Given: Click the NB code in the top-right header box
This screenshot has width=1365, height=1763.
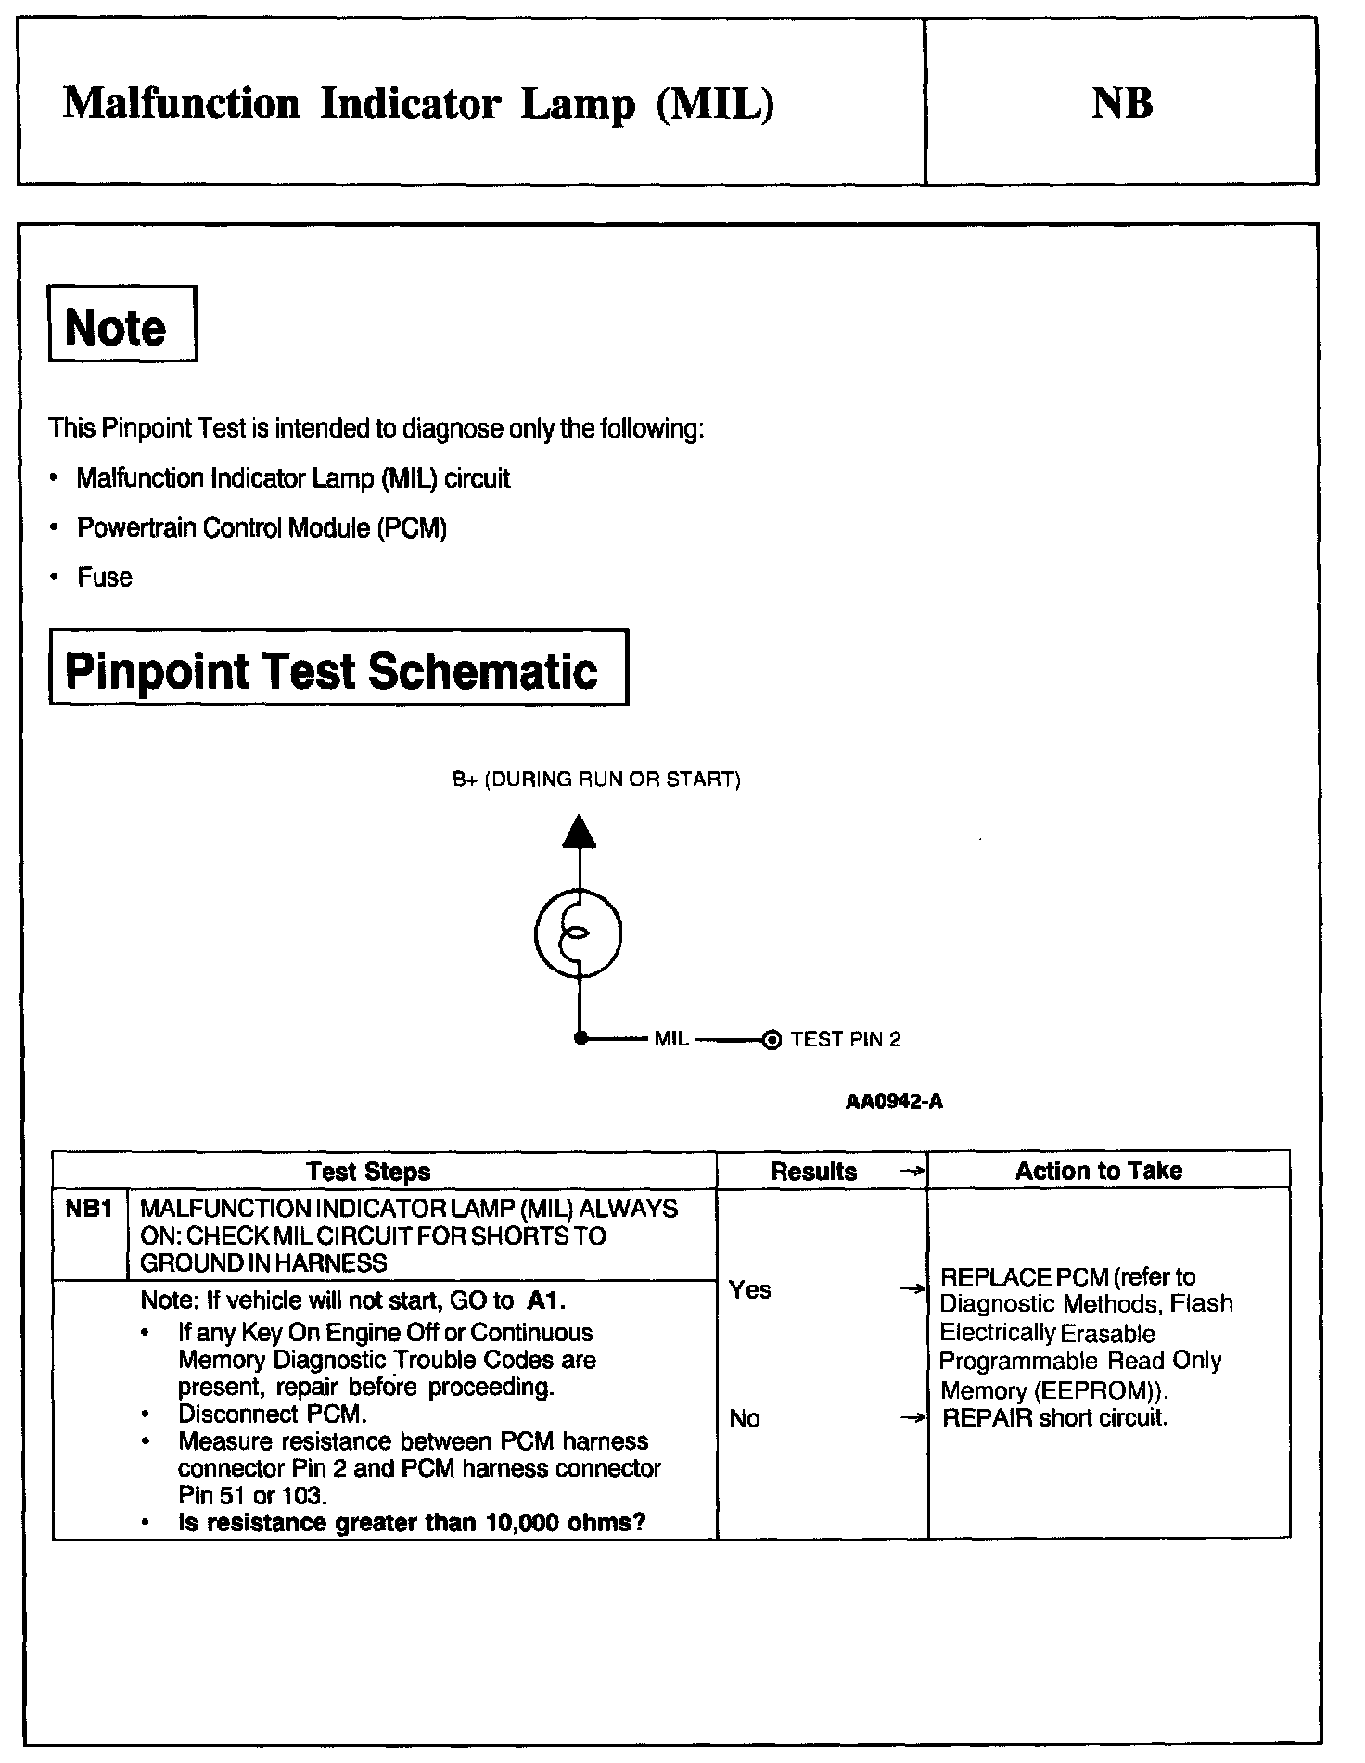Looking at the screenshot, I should click(x=1121, y=103).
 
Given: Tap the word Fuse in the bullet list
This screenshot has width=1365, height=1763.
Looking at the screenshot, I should click(x=104, y=577).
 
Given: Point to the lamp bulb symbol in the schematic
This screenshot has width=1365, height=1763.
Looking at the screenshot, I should click(x=578, y=934).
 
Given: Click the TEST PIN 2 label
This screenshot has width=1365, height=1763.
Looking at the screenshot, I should click(x=845, y=1039).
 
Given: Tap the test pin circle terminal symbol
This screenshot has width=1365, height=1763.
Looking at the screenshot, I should click(x=771, y=1040).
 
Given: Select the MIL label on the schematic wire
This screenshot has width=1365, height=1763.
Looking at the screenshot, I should click(x=670, y=1039).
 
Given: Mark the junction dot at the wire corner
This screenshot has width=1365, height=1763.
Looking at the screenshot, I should click(x=580, y=1039).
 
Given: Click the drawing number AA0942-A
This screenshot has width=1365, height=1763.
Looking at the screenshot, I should click(x=894, y=1101).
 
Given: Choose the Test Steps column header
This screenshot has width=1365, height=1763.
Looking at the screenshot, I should click(x=368, y=1172).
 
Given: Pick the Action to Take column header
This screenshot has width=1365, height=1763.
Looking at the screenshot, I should click(x=1098, y=1171).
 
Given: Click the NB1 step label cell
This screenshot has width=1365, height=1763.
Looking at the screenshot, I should click(x=89, y=1209).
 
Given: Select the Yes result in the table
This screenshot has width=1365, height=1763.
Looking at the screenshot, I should click(x=749, y=1289).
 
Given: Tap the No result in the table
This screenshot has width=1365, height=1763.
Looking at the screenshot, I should click(x=744, y=1418).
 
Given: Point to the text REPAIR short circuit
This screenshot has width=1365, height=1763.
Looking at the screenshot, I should click(x=1054, y=1417).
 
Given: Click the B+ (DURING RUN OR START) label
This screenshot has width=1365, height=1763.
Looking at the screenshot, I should click(x=596, y=779).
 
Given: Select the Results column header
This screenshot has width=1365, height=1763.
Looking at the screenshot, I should click(x=813, y=1172).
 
